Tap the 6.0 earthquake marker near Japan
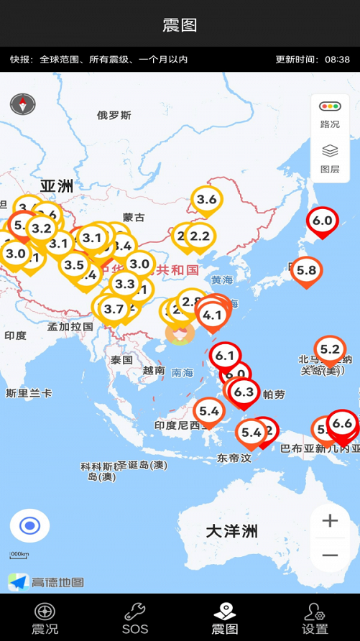[x=322, y=221]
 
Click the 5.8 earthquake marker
[x=306, y=271]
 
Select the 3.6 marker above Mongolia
[x=207, y=199]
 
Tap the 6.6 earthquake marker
[x=343, y=423]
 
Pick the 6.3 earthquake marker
[x=244, y=392]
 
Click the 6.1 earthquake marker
[x=225, y=356]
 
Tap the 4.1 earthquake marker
[x=212, y=315]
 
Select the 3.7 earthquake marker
[x=114, y=310]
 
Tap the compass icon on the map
[x=22, y=105]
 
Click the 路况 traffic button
[x=330, y=114]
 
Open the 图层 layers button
[x=330, y=159]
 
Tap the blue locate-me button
[x=29, y=526]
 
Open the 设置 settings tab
[x=315, y=618]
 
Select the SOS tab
[x=135, y=618]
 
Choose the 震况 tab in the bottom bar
[x=45, y=618]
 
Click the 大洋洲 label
[x=231, y=531]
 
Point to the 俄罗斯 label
[x=114, y=115]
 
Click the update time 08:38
[x=337, y=60]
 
